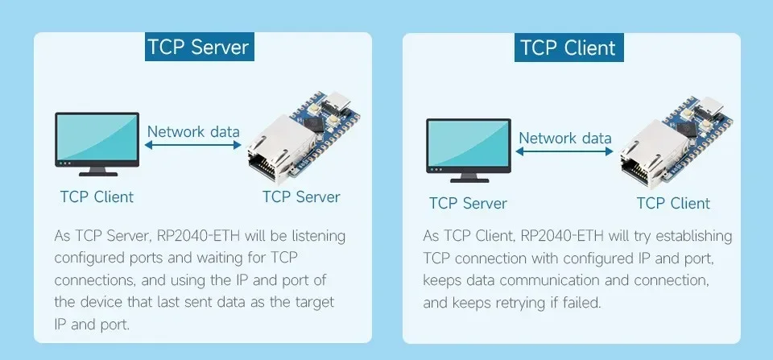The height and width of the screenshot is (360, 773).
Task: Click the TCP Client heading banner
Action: click(568, 47)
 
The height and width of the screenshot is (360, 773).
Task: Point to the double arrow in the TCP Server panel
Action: click(193, 145)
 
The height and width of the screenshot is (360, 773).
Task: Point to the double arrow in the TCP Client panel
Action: click(564, 151)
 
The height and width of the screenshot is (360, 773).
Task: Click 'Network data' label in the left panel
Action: click(193, 131)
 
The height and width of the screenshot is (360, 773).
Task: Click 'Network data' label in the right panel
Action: click(564, 138)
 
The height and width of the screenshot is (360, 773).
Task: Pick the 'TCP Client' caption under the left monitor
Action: click(97, 197)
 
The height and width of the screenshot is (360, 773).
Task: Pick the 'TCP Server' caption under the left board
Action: click(301, 197)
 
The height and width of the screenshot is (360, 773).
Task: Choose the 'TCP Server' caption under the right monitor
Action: click(468, 203)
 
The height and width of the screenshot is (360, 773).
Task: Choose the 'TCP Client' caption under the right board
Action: click(673, 203)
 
